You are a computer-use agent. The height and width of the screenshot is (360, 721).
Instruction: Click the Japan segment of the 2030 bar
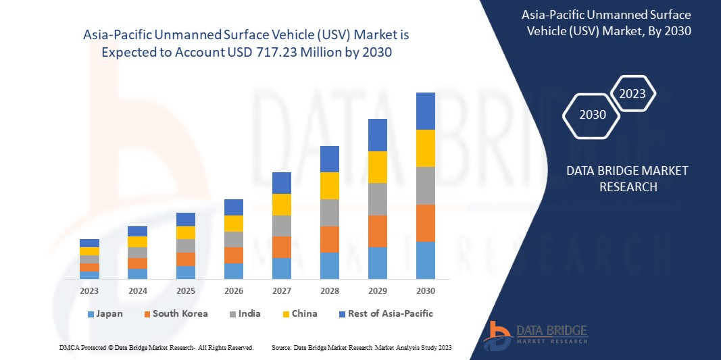425,260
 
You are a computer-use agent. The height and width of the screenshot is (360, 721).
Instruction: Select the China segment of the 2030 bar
425,148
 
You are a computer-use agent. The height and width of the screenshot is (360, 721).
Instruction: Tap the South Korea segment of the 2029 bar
377,231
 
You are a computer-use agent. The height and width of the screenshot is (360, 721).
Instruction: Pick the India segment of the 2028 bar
329,212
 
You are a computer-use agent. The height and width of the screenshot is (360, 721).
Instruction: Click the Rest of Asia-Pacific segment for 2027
281,183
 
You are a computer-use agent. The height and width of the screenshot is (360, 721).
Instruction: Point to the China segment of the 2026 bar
233,224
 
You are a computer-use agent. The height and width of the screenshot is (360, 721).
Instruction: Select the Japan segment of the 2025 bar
185,272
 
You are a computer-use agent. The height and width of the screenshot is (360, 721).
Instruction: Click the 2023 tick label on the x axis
89,290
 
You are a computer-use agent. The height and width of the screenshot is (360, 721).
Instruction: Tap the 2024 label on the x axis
137,290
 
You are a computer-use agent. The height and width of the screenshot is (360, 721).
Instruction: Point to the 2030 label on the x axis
425,290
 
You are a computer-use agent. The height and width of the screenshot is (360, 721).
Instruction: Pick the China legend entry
299,314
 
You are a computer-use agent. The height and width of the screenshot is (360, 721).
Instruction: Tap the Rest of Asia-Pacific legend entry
385,314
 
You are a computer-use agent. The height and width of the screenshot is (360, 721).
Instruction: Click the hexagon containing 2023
632,94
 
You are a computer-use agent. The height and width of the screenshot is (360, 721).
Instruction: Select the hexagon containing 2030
593,115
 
